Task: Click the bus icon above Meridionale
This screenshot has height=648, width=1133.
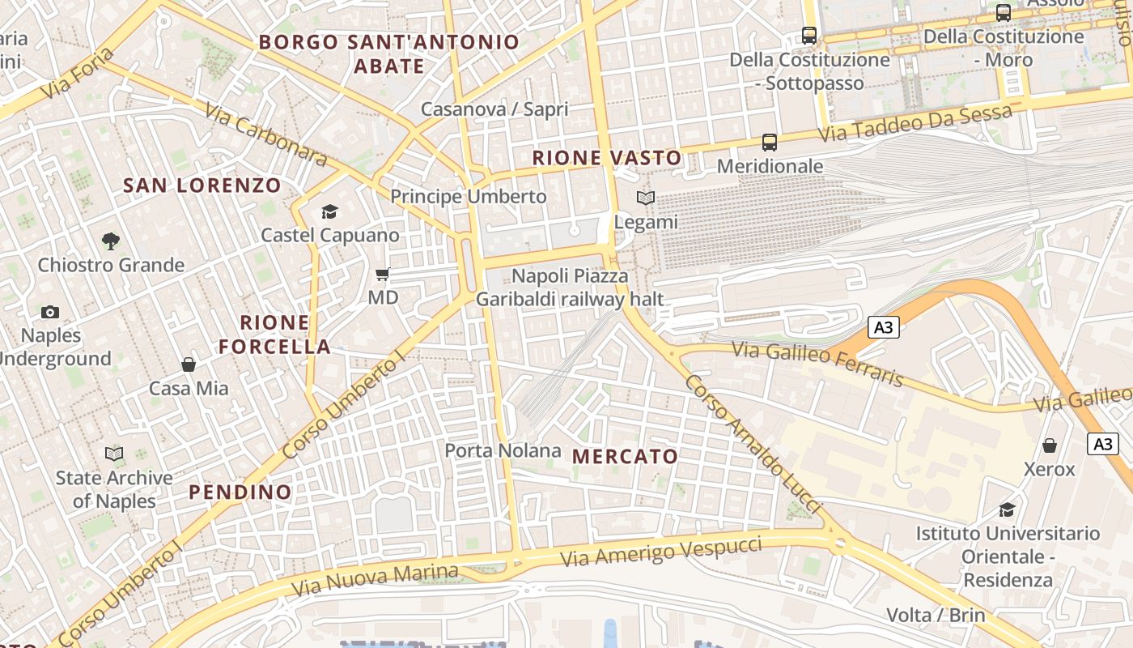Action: [x=770, y=143]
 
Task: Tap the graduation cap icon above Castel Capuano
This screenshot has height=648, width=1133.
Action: [x=329, y=212]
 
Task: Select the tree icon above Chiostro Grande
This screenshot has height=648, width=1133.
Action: [x=111, y=241]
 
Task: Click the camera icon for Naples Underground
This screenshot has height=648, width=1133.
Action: [x=50, y=312]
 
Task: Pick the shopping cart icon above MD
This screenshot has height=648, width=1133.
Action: [x=383, y=275]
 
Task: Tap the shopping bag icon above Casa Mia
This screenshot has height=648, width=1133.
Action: [x=189, y=364]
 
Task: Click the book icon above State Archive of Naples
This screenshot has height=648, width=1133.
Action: [x=114, y=454]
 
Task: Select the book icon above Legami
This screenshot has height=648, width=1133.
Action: [x=645, y=198]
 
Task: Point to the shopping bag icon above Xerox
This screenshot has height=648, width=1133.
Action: [x=1050, y=446]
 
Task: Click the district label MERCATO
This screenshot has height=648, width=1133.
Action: [x=625, y=456]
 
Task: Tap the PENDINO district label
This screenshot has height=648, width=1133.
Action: [x=240, y=492]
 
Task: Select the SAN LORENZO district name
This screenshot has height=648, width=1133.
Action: [x=202, y=185]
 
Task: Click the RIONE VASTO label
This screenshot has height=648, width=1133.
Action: [x=607, y=158]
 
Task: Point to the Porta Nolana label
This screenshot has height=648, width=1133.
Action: [x=503, y=450]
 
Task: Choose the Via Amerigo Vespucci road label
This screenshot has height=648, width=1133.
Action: [x=660, y=551]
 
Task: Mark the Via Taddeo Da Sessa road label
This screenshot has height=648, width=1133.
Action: [x=914, y=123]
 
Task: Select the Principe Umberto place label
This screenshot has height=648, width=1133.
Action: [x=469, y=196]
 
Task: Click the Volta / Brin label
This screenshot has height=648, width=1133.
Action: [x=936, y=615]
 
